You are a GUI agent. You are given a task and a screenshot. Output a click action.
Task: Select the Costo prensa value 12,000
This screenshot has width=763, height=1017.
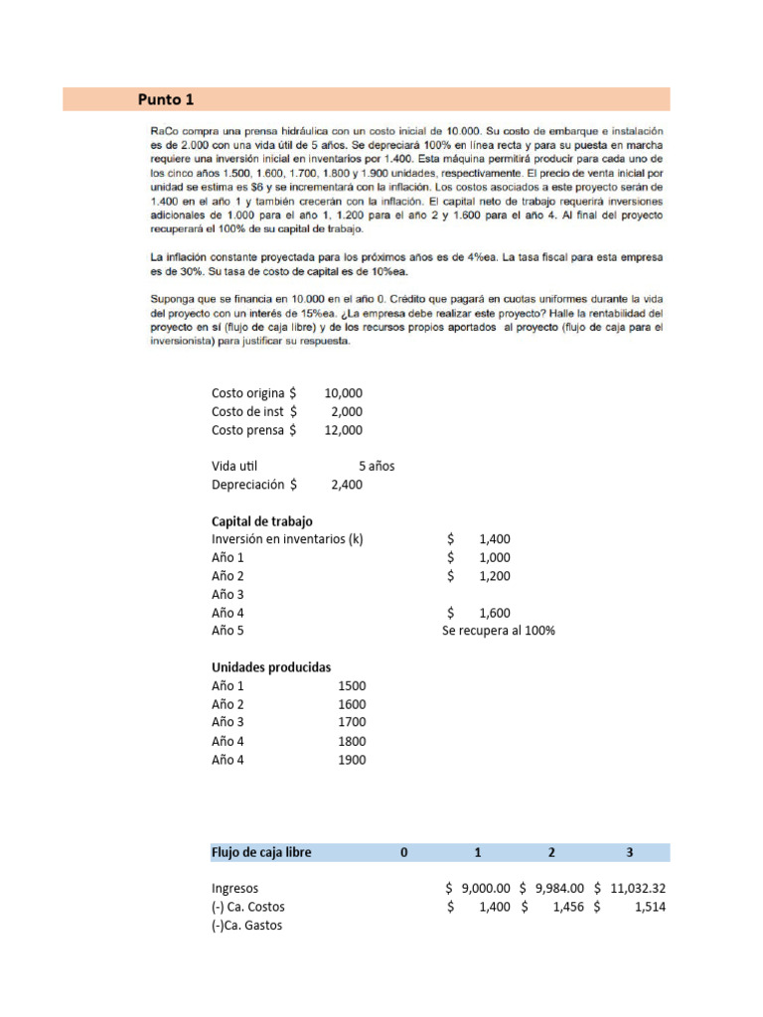point(343,430)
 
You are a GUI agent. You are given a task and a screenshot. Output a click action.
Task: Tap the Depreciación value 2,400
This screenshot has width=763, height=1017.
point(346,485)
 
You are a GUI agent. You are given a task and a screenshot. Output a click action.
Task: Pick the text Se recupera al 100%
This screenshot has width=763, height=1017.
point(498,631)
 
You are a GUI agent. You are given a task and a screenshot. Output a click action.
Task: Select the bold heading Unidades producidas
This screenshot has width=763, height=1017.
point(271,667)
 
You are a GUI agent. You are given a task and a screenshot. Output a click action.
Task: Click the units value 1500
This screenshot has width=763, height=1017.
point(352,685)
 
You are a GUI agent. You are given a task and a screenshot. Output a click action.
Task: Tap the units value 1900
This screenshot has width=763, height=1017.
point(352,760)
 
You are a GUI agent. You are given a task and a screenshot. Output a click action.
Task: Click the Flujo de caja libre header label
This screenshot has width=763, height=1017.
point(260,852)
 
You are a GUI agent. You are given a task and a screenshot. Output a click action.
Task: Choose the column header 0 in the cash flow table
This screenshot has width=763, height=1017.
point(403,852)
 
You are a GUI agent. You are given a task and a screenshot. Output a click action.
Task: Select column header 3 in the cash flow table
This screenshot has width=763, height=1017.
point(629,852)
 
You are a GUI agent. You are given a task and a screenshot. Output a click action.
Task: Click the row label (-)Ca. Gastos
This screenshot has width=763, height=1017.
point(246,925)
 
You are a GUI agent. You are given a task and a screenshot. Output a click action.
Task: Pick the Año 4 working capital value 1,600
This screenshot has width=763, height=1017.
point(494,613)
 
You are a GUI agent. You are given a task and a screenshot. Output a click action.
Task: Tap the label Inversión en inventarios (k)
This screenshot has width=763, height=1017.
point(287,539)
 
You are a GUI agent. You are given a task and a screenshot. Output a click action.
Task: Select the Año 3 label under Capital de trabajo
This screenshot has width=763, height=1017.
point(228,594)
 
